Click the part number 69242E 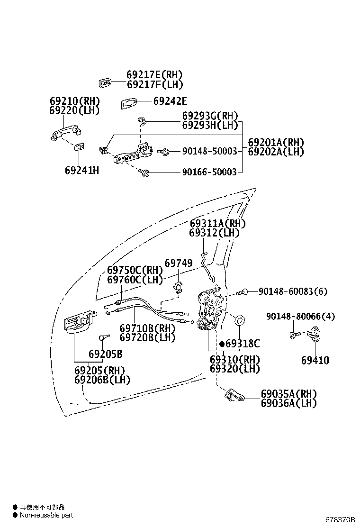tap(170, 101)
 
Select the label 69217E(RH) tap(154, 75)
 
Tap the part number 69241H tap(81, 170)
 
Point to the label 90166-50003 tap(209, 172)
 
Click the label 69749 tap(179, 263)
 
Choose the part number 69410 tap(315, 360)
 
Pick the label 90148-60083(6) tap(293, 291)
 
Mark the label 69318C tap(243, 344)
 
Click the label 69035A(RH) tap(288, 394)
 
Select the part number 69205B tap(105, 354)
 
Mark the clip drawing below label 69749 tap(178, 287)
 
